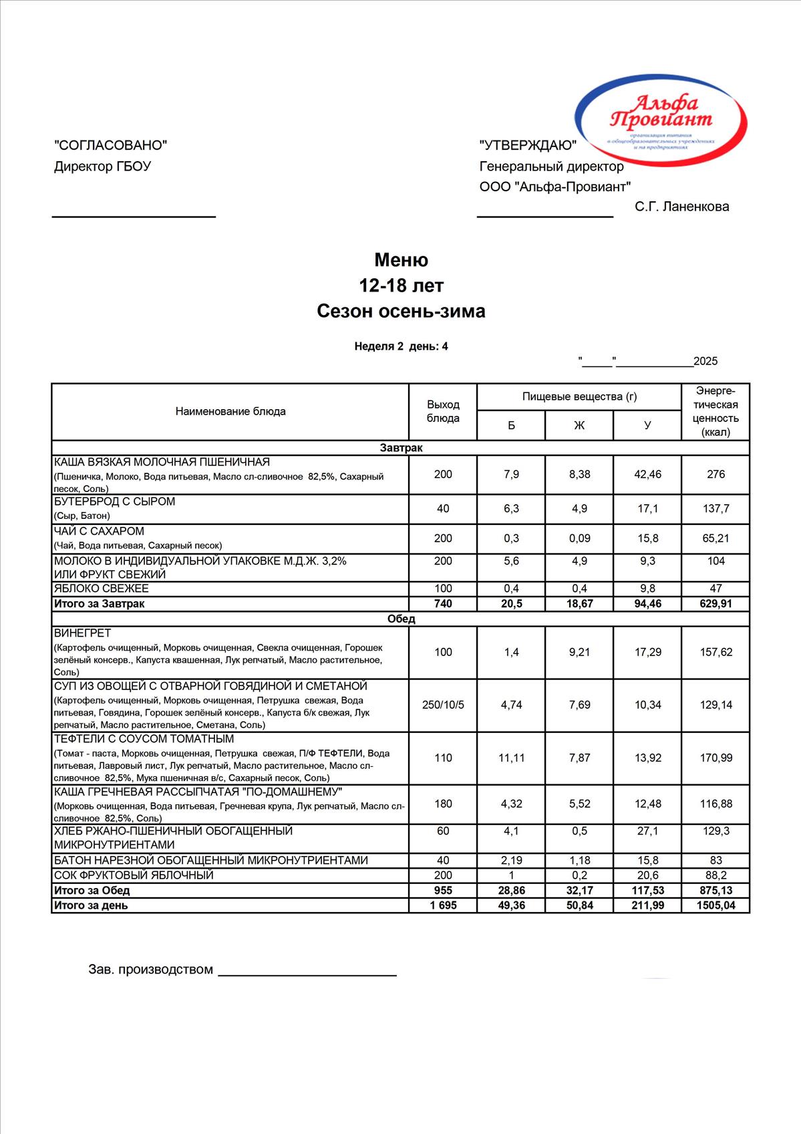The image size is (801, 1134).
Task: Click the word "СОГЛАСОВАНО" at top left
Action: [110, 145]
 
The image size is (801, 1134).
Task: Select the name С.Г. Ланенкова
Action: [682, 207]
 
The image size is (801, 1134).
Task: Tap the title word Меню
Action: [401, 260]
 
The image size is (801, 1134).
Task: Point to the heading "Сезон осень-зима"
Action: [401, 312]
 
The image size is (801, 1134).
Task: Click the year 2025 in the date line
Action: [705, 362]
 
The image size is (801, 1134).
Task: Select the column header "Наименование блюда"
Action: [230, 412]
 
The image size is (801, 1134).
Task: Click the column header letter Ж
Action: [579, 425]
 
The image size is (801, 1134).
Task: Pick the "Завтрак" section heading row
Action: [401, 448]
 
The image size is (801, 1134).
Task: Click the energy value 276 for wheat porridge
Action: [715, 475]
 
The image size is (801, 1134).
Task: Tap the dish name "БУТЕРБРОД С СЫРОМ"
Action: [115, 502]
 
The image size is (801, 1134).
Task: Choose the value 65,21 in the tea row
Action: [715, 538]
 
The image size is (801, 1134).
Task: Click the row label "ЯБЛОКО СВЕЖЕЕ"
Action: [102, 589]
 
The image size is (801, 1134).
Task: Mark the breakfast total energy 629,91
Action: [715, 604]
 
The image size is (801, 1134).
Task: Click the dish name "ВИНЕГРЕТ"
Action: [83, 633]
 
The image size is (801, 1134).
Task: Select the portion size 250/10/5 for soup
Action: [443, 705]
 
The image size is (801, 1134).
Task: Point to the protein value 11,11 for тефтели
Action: [511, 758]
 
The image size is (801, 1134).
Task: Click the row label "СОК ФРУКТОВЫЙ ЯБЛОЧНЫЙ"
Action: [134, 875]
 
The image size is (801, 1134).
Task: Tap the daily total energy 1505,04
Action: [715, 905]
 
